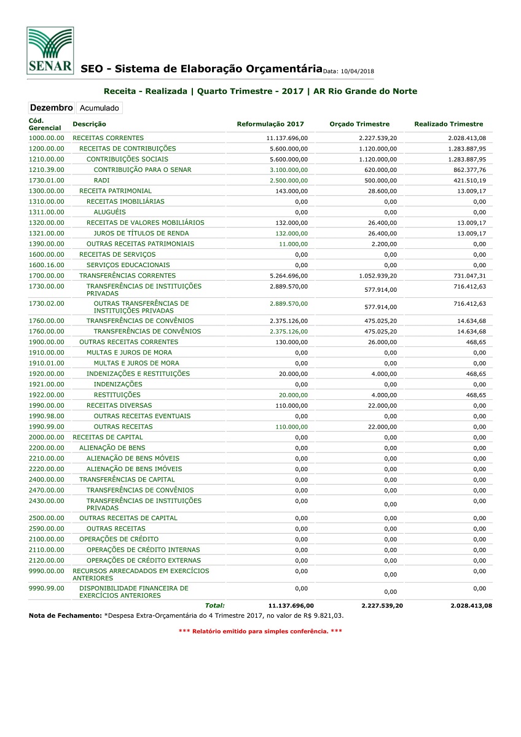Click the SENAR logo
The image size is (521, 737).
tap(50, 50)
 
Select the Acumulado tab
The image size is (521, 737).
tap(100, 108)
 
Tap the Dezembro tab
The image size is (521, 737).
tap(52, 107)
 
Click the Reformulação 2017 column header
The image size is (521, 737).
tap(270, 124)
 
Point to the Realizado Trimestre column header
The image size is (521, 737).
tap(449, 124)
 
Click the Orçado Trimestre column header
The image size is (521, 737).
tap(359, 124)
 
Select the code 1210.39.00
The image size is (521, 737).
tap(46, 170)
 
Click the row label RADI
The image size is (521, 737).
tap(101, 181)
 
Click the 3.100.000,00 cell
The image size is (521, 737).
tap(288, 170)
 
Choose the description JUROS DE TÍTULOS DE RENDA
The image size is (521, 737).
tap(141, 233)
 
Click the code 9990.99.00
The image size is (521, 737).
tap(46, 588)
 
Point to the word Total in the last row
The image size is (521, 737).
tap(214, 606)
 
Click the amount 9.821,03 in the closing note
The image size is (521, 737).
tap(329, 615)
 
